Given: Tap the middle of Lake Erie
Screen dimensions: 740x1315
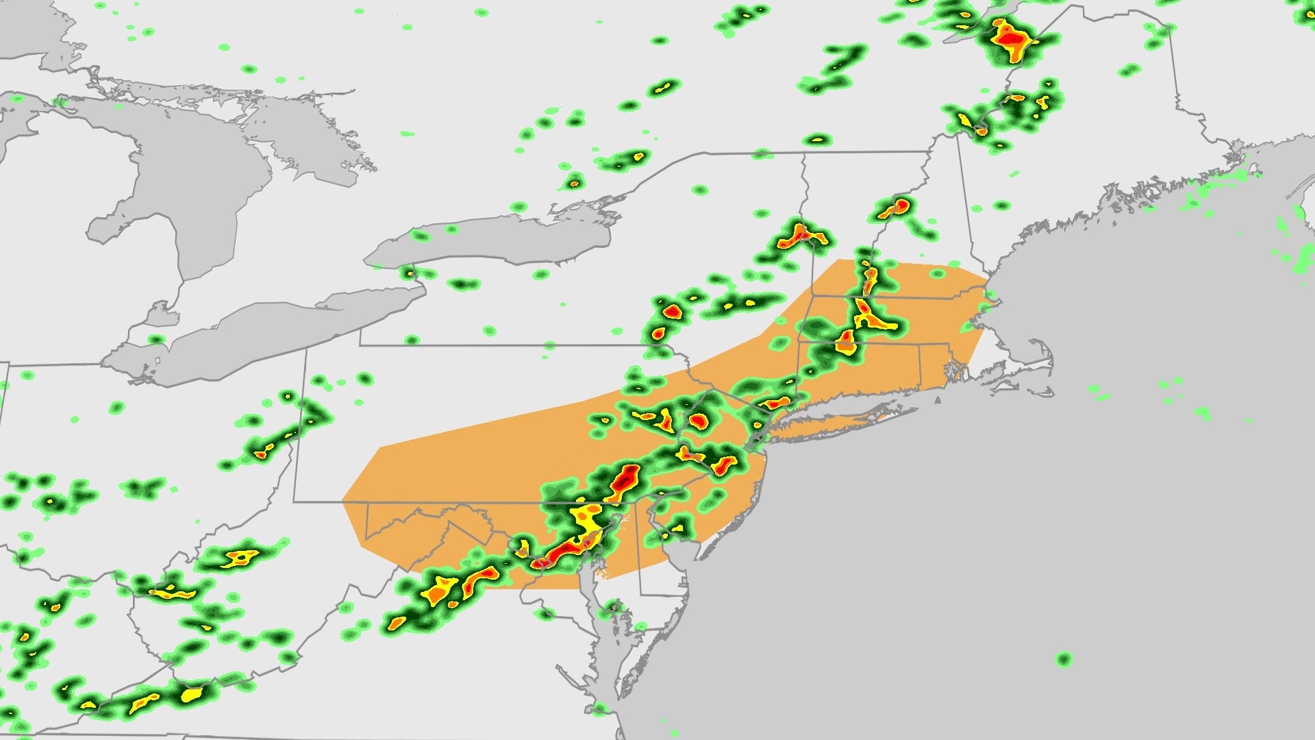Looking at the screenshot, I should (267, 336).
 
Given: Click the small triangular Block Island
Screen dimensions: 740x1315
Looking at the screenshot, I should (940, 399).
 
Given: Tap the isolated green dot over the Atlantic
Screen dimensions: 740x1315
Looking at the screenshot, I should (1063, 659).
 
